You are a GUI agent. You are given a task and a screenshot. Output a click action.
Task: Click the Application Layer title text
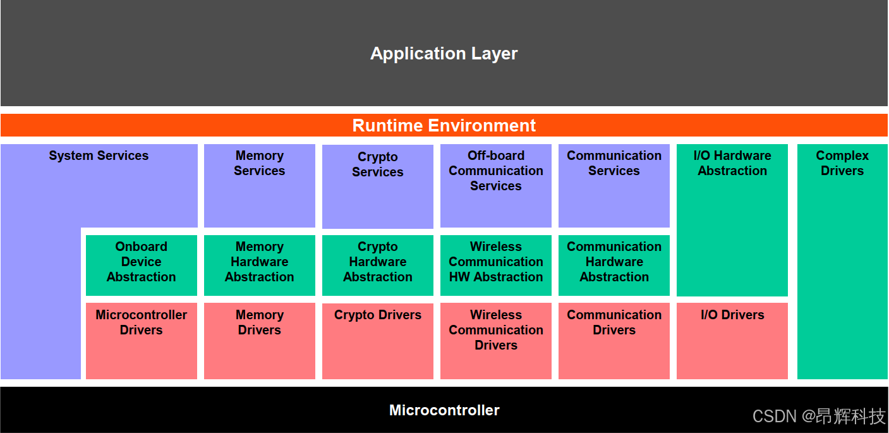[444, 54]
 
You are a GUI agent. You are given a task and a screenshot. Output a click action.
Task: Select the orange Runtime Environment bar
[444, 125]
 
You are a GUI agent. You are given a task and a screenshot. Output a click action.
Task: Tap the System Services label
[99, 156]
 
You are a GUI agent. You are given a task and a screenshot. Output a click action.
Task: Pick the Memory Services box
[259, 185]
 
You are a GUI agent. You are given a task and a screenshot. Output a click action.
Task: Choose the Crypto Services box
[377, 186]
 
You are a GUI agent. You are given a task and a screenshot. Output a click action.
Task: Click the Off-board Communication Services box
[495, 185]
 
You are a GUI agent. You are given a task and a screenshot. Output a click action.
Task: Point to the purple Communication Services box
[614, 185]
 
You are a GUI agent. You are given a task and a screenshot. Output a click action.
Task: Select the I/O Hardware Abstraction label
[732, 163]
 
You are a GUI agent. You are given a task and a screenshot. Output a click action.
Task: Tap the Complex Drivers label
[842, 163]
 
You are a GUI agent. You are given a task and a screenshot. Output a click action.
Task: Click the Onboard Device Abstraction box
[141, 265]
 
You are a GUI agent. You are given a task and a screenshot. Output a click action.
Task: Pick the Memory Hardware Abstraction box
[259, 265]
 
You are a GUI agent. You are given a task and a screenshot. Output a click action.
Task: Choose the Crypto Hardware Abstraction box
[377, 265]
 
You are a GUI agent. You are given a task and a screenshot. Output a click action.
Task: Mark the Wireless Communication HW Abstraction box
[495, 265]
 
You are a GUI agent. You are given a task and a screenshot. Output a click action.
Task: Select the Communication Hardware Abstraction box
[614, 265]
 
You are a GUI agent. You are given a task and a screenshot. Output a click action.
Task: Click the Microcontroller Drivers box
[141, 341]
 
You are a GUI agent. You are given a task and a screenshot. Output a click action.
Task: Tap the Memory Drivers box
[259, 341]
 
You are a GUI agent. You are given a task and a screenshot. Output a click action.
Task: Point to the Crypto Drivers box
[377, 341]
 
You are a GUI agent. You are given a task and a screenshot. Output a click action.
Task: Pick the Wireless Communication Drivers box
[495, 341]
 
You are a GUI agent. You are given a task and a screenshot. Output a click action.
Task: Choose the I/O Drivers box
[732, 341]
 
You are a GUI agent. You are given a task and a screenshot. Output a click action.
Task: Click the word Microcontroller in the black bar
[444, 410]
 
